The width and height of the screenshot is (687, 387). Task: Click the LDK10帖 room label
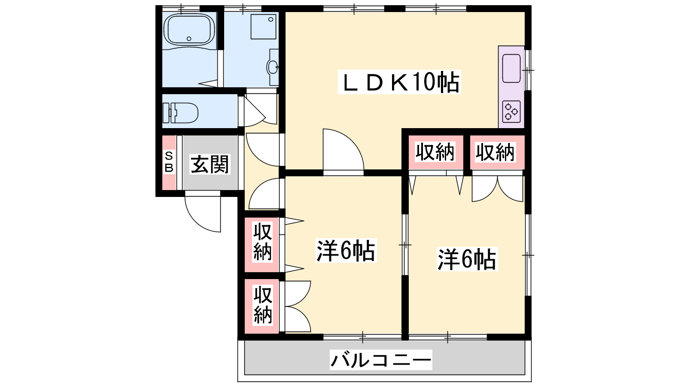coord(399,82)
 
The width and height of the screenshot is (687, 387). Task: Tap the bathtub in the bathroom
coord(189,30)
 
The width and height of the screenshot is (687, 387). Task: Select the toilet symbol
coord(180,113)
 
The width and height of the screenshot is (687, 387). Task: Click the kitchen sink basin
coord(511,68)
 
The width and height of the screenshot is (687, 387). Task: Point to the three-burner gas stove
coord(511,112)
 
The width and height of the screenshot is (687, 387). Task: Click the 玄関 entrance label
coord(210,164)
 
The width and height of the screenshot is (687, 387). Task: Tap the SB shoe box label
coord(169,162)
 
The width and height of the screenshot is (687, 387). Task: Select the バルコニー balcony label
coord(381,359)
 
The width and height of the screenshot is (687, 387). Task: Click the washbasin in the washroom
coord(272,67)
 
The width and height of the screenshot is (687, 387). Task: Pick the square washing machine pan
coord(263,27)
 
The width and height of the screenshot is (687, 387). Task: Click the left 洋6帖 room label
coord(346,251)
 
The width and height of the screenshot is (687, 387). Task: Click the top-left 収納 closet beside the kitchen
coord(435,152)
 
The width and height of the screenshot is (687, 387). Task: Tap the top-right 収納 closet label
coord(495,152)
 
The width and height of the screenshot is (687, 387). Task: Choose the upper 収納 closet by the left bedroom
coord(262,245)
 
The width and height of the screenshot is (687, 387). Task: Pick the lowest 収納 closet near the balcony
coord(262,306)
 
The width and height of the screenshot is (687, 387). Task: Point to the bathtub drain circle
coord(189,39)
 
